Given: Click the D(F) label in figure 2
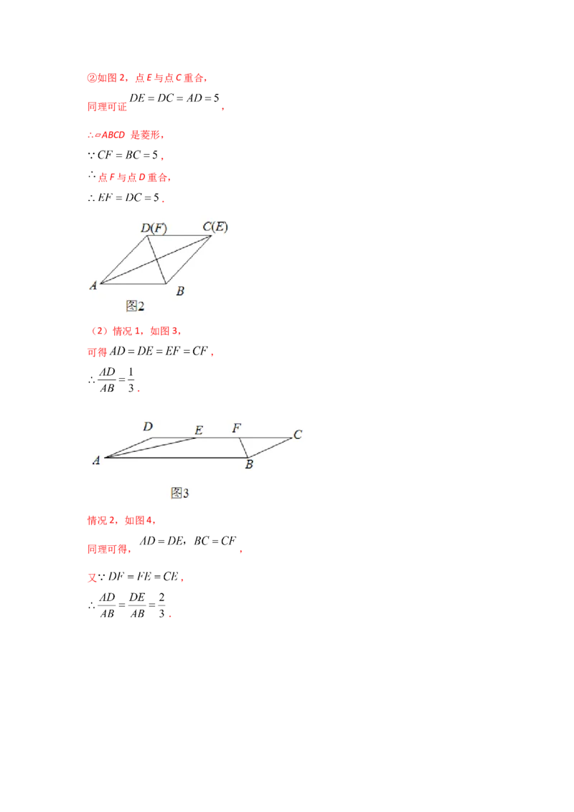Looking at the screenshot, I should (154, 228).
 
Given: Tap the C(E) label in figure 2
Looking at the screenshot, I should (215, 227).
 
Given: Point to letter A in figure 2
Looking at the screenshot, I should (93, 285).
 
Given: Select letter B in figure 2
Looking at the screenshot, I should (180, 291).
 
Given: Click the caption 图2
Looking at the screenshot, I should (135, 306).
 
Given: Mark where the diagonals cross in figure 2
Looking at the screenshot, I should (155, 259).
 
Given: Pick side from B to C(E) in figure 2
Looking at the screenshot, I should (190, 259).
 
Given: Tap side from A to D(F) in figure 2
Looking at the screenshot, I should (123, 260).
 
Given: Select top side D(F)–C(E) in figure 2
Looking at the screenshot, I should (179, 235).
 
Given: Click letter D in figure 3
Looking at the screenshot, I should (148, 427).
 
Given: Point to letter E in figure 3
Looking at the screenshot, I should (199, 430).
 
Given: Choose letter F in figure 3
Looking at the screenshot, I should (236, 428).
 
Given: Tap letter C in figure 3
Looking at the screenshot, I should (297, 434).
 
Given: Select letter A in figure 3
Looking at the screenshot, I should (96, 461).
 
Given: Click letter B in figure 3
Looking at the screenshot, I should (249, 465).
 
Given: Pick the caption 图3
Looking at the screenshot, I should (179, 493).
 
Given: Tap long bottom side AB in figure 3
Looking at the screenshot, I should (176, 456).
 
